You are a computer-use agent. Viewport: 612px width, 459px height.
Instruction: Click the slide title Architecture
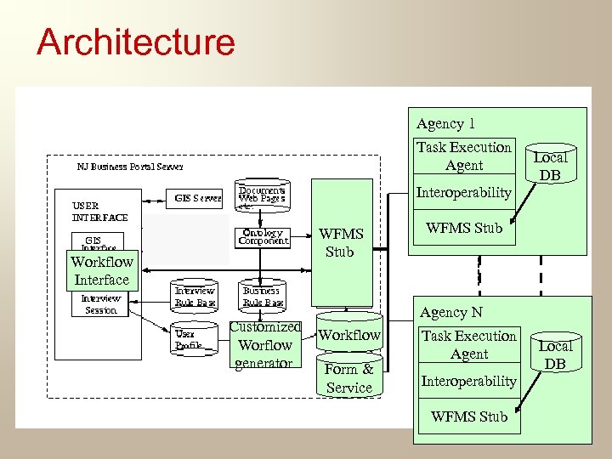click(x=135, y=42)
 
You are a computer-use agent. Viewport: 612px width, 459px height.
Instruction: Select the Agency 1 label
click(x=445, y=124)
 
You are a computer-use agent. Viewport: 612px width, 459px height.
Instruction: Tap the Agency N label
click(x=450, y=312)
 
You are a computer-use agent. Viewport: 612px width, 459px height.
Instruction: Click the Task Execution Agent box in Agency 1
click(x=463, y=156)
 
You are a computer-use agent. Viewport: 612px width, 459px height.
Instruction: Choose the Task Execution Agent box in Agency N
click(x=468, y=345)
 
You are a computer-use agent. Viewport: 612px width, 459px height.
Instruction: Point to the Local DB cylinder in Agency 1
click(x=550, y=165)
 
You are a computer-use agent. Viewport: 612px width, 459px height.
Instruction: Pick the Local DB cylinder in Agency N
click(x=555, y=354)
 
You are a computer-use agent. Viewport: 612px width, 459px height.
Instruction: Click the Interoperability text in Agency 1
click(x=463, y=193)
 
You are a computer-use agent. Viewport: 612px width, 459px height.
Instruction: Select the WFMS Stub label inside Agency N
click(x=468, y=416)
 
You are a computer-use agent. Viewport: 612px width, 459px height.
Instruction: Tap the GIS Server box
click(x=198, y=198)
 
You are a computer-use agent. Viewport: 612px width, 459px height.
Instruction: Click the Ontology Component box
click(x=263, y=236)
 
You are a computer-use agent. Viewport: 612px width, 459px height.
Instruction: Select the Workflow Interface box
click(x=101, y=271)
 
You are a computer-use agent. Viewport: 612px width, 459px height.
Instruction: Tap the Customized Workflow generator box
click(x=264, y=345)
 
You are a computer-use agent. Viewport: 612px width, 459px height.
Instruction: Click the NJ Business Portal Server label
click(x=129, y=167)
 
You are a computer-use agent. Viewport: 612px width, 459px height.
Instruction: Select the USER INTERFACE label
click(x=99, y=211)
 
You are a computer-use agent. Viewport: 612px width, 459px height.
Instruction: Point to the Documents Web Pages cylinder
click(x=262, y=196)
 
